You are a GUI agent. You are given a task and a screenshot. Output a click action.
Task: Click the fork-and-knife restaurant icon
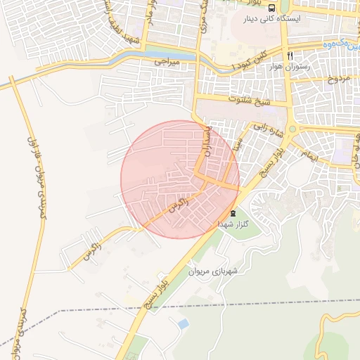(289, 55)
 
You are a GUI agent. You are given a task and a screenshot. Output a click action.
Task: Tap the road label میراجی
(169, 63)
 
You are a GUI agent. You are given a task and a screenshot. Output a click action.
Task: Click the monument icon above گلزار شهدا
(233, 214)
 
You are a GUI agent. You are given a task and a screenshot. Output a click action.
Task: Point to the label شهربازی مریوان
(214, 271)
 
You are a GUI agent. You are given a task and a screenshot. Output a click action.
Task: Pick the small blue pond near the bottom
(183, 323)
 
